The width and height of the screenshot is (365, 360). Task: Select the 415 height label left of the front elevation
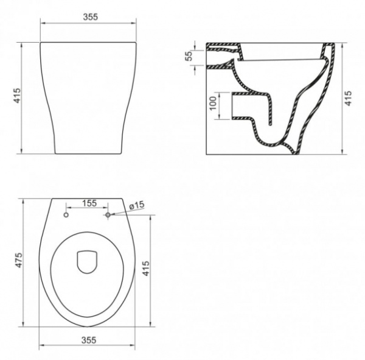click(x=18, y=97)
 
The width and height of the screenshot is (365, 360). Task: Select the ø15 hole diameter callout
click(x=136, y=205)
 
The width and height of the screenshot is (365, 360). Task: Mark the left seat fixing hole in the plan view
click(x=66, y=215)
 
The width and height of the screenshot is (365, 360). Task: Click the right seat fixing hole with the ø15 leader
click(x=109, y=215)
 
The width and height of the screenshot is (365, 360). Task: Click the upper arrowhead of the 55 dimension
click(x=195, y=44)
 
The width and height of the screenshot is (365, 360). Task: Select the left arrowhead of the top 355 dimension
click(x=43, y=24)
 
